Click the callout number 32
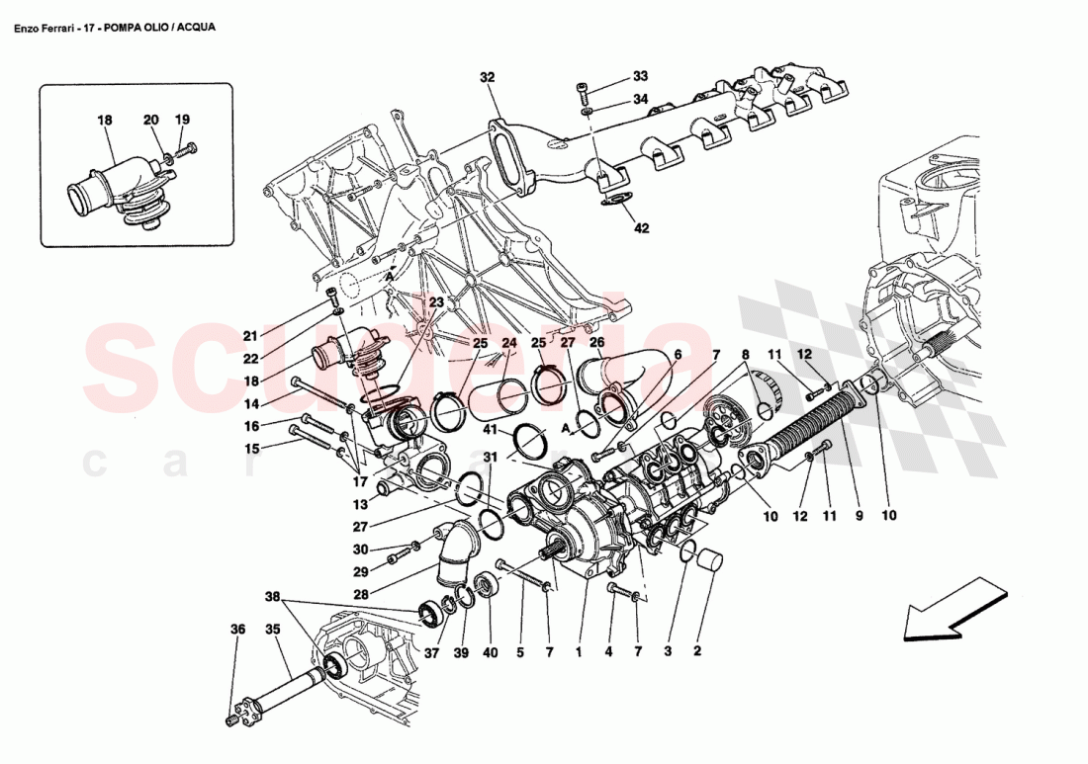pyautogui.click(x=487, y=77)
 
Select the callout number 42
pyautogui.click(x=641, y=228)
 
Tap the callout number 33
pyautogui.click(x=641, y=76)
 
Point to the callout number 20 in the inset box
pyautogui.click(x=151, y=120)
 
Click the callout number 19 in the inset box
pyautogui.click(x=182, y=120)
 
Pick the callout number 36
pyautogui.click(x=237, y=629)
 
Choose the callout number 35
pyautogui.click(x=272, y=629)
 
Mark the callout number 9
pyautogui.click(x=859, y=515)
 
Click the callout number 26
pyautogui.click(x=596, y=343)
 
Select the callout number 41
pyautogui.click(x=490, y=429)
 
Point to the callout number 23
pyautogui.click(x=436, y=302)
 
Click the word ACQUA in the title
pyautogui.click(x=194, y=28)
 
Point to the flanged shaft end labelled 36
pyautogui.click(x=239, y=713)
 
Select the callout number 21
pyautogui.click(x=250, y=335)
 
